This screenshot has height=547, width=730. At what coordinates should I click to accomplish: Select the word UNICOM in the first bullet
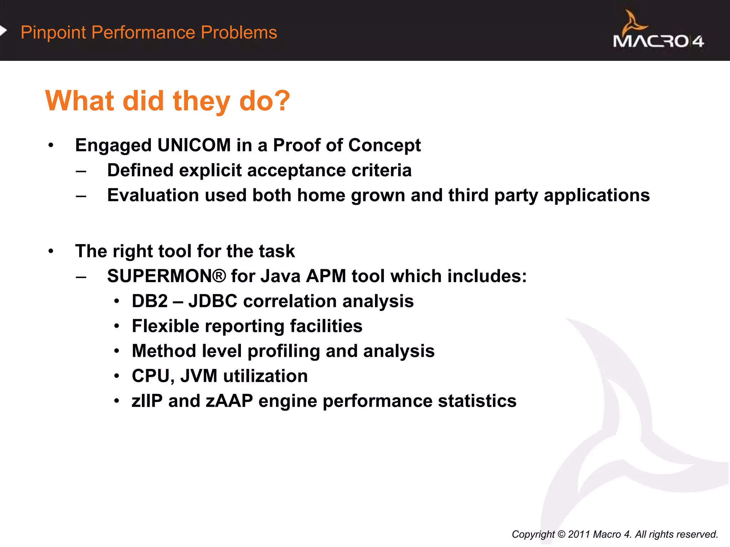pos(194,145)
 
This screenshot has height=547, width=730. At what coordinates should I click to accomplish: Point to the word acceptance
pos(297,170)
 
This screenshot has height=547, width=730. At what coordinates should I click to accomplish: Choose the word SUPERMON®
pos(166,276)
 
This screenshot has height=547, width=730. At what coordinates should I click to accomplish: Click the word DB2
pos(150,301)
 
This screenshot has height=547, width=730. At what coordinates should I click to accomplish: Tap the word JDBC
pos(213,301)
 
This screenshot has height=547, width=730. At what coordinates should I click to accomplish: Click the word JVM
pos(199,376)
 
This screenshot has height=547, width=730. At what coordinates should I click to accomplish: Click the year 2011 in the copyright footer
pos(579,534)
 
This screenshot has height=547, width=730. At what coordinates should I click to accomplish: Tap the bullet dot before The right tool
pos(51,251)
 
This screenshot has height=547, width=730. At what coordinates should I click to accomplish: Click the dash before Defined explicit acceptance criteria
pos(81,171)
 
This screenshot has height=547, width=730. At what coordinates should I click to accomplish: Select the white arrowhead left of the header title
pos(3,31)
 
